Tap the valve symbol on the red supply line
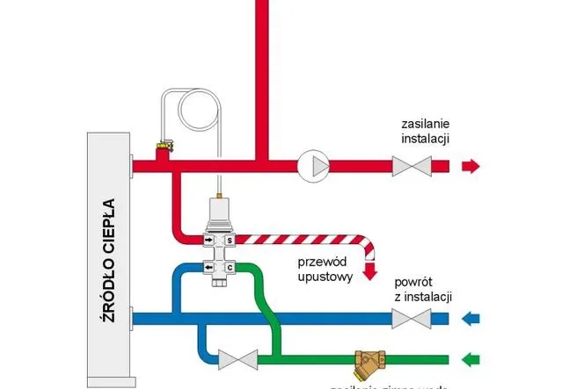[412, 165]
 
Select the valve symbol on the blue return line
[412, 319]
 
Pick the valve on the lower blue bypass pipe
[237, 358]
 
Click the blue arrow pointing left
[472, 319]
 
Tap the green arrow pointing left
[472, 359]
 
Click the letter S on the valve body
[230, 239]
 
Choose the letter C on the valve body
[230, 267]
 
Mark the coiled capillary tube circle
[201, 111]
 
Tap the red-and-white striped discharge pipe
[299, 239]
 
